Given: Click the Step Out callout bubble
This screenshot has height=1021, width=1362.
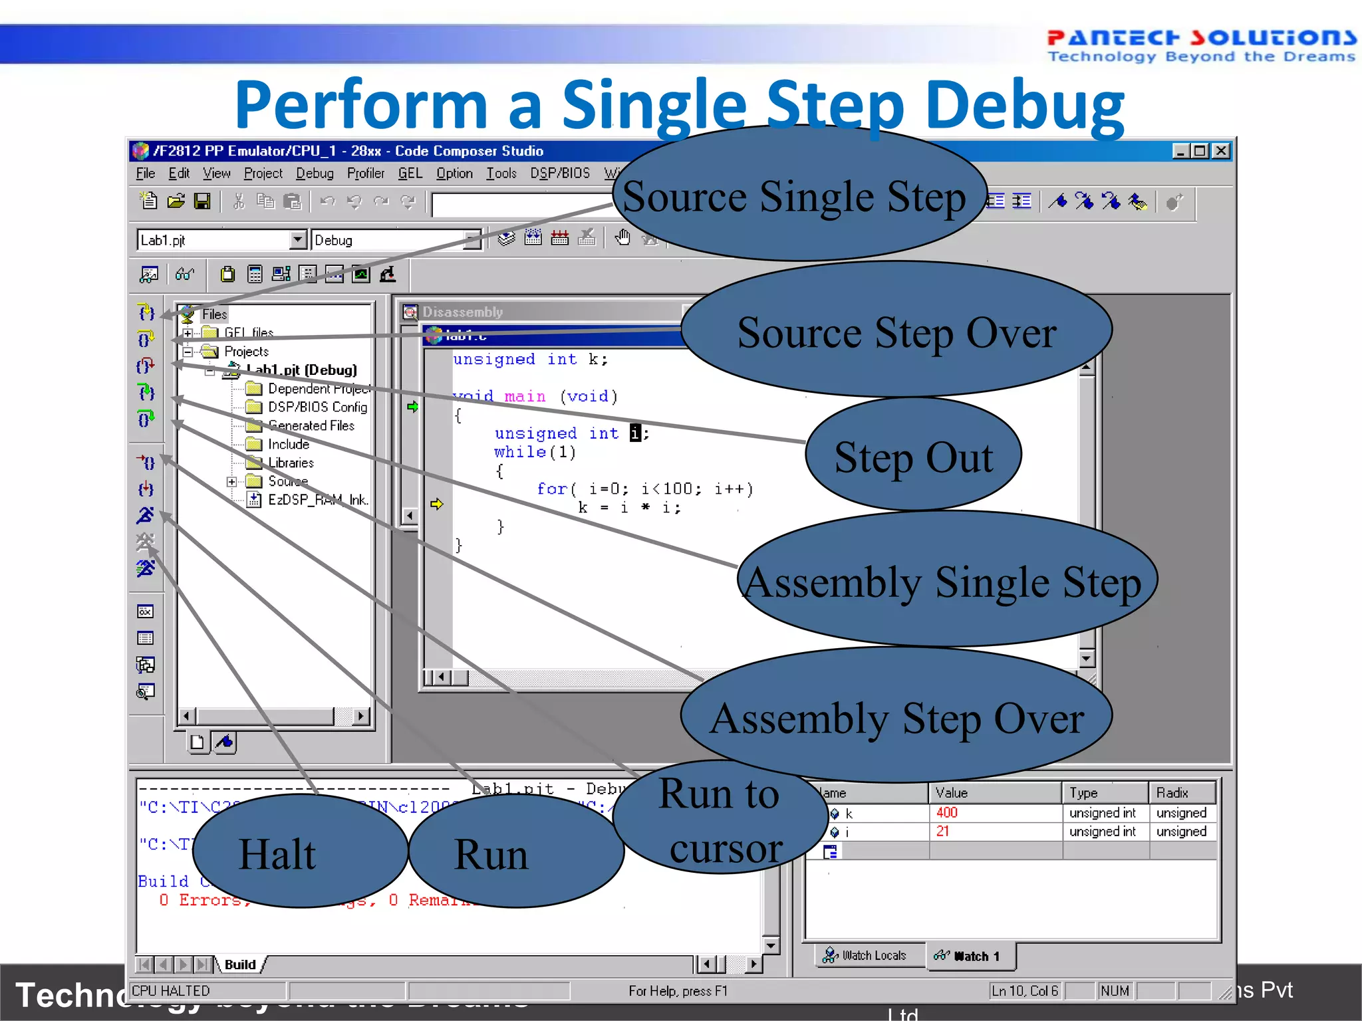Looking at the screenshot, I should pyautogui.click(x=913, y=457).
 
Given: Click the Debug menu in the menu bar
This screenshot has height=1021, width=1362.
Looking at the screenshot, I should pyautogui.click(x=315, y=173).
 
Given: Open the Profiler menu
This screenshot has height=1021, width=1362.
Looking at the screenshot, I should pyautogui.click(x=365, y=173).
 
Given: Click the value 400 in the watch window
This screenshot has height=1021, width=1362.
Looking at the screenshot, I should pyautogui.click(x=946, y=812).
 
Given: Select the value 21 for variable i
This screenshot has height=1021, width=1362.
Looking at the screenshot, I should pyautogui.click(x=942, y=831).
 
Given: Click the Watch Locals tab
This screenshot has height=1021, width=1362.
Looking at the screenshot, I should pyautogui.click(x=865, y=955).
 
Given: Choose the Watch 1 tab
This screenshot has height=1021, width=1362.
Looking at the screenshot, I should pyautogui.click(x=968, y=956).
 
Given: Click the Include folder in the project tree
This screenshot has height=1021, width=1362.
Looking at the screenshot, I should pyautogui.click(x=288, y=444).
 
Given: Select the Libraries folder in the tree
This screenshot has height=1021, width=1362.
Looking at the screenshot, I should pyautogui.click(x=291, y=463).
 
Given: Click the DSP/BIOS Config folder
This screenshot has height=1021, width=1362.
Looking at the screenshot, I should pyautogui.click(x=317, y=407).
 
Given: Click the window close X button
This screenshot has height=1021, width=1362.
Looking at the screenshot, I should pyautogui.click(x=1221, y=151).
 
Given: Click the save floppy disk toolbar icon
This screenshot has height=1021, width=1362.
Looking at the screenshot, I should pyautogui.click(x=202, y=201).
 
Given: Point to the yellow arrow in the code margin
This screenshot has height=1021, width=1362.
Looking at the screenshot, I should pyautogui.click(x=436, y=504).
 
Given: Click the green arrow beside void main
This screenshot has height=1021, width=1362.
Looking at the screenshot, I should pyautogui.click(x=412, y=406).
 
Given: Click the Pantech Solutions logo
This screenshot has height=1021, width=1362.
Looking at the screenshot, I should pyautogui.click(x=1200, y=45).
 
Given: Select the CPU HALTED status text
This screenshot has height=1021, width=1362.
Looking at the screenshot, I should pyautogui.click(x=171, y=990).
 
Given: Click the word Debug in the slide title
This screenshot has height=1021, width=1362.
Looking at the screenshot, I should pyautogui.click(x=1024, y=105).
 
